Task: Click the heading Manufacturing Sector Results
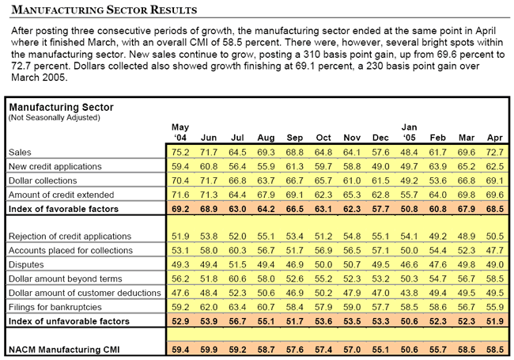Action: [x=104, y=9]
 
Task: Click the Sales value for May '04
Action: [x=180, y=153]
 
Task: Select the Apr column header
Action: [x=495, y=138]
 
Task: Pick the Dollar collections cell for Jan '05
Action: [x=409, y=180]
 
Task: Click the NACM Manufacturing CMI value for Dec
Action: [x=380, y=350]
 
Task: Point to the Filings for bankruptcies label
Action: [x=55, y=307]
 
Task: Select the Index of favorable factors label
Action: [x=63, y=209]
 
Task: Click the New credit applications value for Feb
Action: [x=437, y=167]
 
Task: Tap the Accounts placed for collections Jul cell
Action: [x=237, y=251]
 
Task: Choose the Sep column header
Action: [x=295, y=138]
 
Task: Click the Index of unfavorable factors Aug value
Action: [x=266, y=321]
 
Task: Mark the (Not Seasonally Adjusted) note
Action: [x=54, y=117]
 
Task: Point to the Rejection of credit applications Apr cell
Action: [x=495, y=237]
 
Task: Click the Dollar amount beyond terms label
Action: [x=65, y=279]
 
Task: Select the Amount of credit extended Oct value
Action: [x=323, y=195]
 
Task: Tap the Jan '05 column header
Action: [x=409, y=132]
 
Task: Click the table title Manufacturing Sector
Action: [x=62, y=108]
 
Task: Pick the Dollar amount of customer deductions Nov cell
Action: [x=352, y=293]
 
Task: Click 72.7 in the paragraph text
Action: [x=21, y=66]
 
